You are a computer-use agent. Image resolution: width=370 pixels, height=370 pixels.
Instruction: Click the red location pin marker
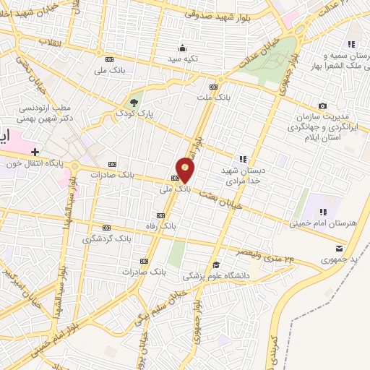point(186,170)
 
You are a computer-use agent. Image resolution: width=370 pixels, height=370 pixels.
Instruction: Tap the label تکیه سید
point(183,58)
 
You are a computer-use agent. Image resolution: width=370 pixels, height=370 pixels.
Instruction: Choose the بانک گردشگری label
point(108,238)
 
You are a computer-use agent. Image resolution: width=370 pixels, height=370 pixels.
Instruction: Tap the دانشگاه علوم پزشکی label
point(216,275)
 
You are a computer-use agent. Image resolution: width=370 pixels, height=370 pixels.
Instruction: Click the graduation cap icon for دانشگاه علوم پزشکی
point(216,265)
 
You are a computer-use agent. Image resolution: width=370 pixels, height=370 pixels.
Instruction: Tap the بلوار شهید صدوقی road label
point(216,15)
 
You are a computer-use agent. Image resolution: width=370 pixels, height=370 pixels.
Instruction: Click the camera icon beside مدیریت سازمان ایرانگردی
point(322,106)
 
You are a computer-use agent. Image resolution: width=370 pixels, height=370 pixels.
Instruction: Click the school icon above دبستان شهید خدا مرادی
point(243,159)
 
